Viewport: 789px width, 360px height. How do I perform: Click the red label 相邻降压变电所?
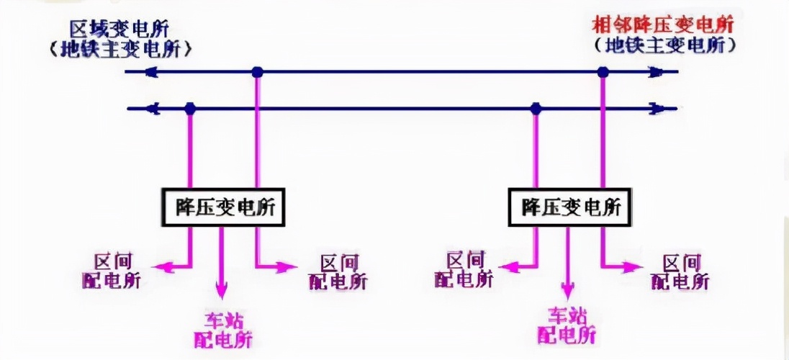(662, 24)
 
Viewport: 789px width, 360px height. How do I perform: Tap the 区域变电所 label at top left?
(120, 30)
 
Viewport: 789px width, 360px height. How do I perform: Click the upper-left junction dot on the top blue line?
(257, 71)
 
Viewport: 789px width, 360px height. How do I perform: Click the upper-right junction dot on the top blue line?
(603, 71)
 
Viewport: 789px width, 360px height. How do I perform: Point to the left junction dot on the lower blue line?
(190, 109)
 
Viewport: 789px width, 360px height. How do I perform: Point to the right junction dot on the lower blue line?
(536, 109)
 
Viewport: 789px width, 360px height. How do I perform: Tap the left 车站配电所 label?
(223, 327)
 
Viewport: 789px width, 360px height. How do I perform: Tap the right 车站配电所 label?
(568, 325)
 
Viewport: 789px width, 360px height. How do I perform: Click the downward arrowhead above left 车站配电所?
(221, 291)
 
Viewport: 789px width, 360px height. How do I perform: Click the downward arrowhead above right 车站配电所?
(567, 290)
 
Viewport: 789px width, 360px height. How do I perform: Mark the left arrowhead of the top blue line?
(150, 71)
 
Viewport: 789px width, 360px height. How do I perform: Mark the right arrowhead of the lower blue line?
(656, 109)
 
